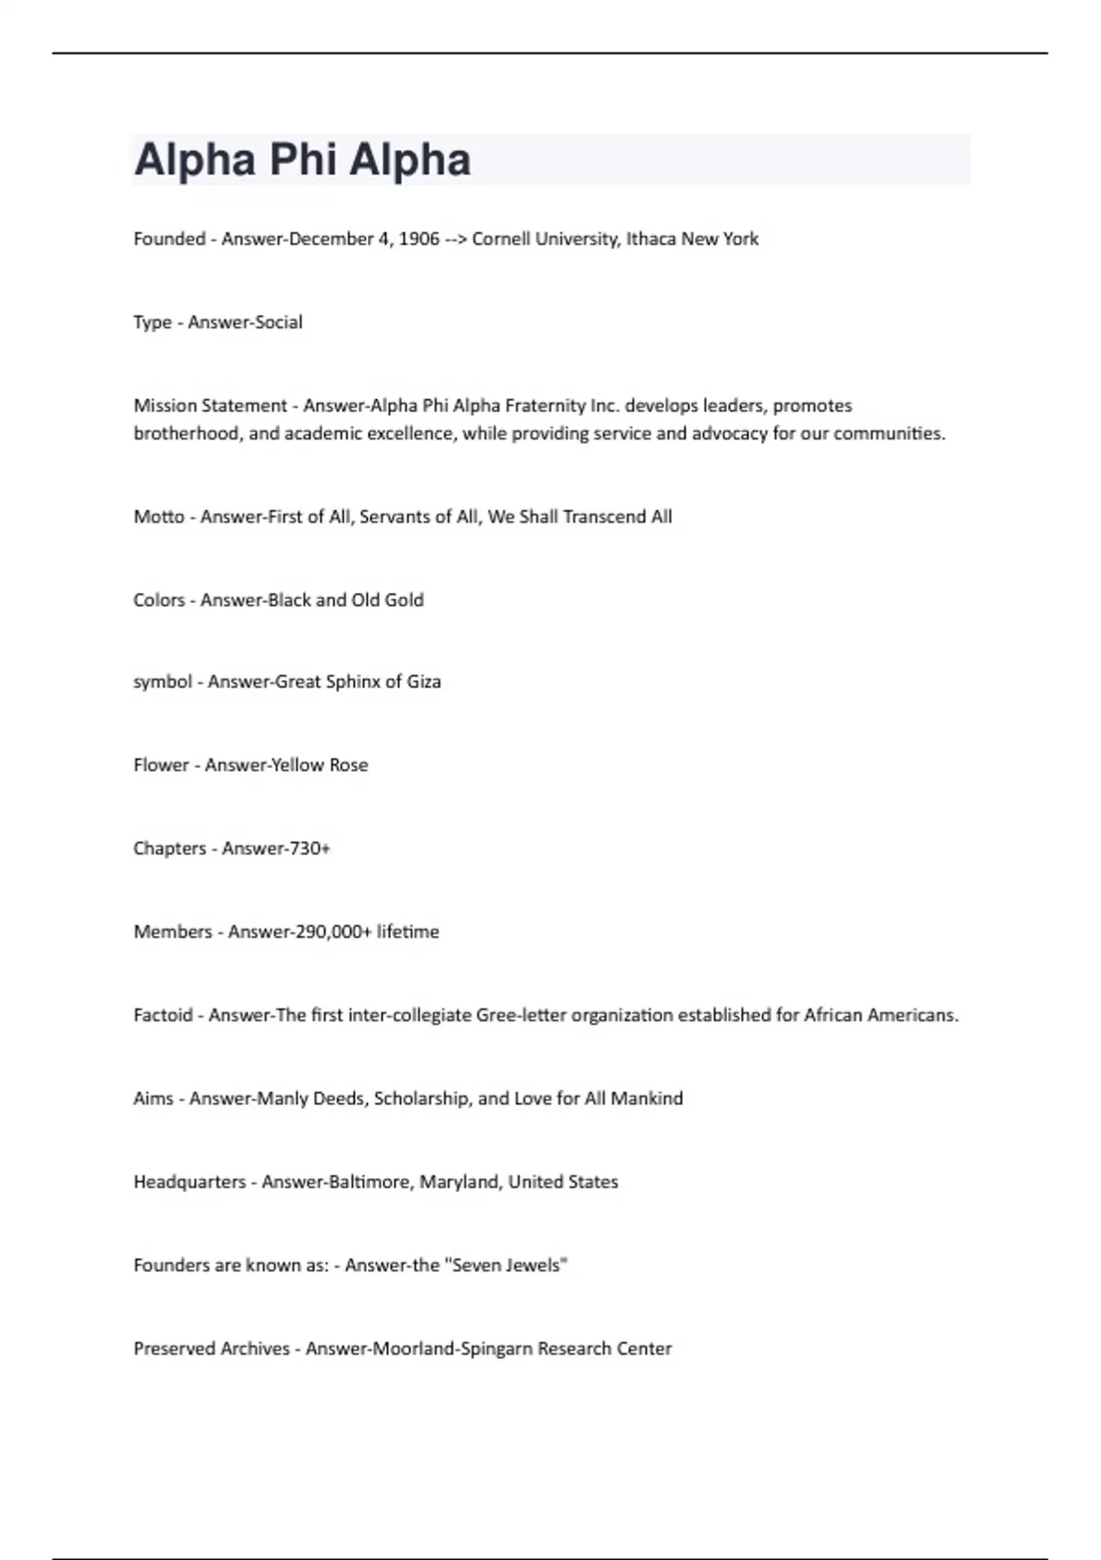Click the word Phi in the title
(302, 160)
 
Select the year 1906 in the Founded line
(419, 240)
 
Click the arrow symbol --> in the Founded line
(456, 240)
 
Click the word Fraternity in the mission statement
(545, 406)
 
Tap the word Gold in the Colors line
(404, 600)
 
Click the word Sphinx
(352, 682)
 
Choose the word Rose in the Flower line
(349, 765)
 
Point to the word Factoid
(162, 1015)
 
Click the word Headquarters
(189, 1182)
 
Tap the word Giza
(424, 682)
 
